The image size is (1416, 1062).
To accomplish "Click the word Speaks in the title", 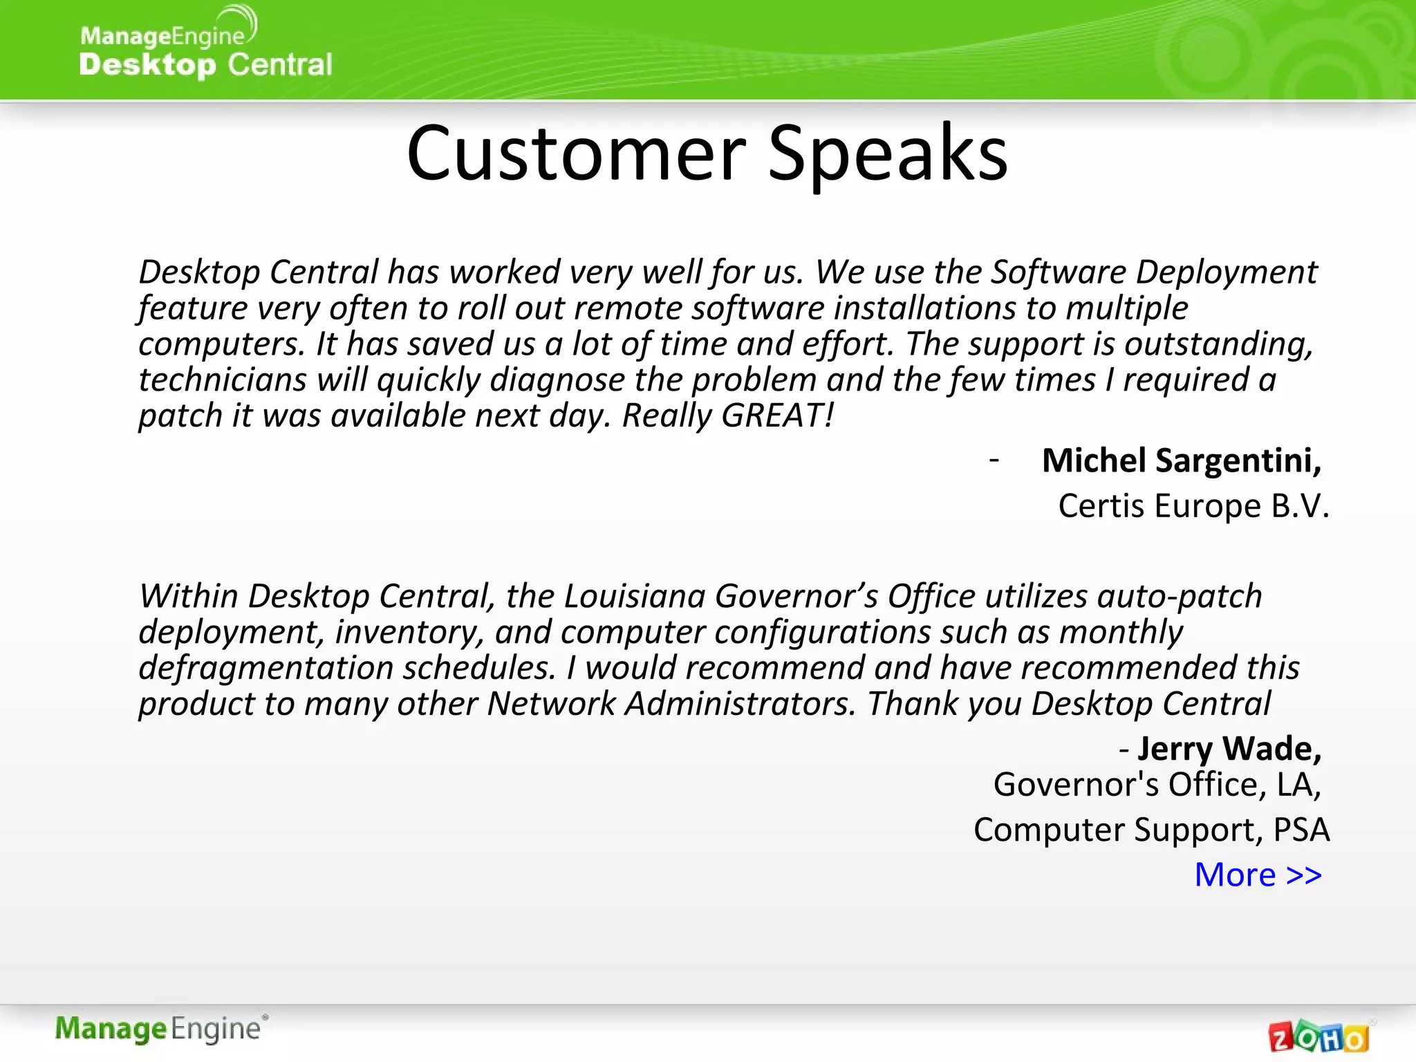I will (888, 153).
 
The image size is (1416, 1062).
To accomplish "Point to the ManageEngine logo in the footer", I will (160, 1029).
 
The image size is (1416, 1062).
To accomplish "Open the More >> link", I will (1258, 875).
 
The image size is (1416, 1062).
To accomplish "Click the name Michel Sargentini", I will (1181, 460).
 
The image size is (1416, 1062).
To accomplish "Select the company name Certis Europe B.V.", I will (1193, 506).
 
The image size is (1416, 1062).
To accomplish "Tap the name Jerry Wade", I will (1229, 749).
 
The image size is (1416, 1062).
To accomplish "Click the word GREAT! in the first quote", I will (777, 416).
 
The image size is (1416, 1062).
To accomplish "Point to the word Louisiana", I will (634, 596).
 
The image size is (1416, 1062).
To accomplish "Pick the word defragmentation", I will (266, 669).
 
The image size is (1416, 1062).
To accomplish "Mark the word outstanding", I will (1218, 344).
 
